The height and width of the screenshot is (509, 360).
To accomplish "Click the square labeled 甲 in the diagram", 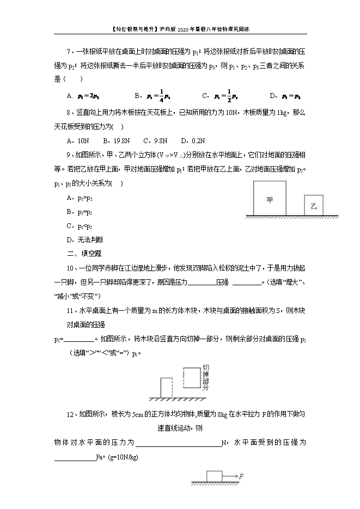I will tap(270, 200).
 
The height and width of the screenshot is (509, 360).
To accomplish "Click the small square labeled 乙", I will tap(313, 206).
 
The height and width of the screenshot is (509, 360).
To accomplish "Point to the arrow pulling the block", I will tap(229, 476).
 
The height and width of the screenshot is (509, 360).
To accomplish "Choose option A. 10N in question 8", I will tap(76, 140).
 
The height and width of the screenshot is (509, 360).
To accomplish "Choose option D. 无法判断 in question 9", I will tap(84, 239).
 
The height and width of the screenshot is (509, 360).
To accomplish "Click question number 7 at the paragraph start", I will tap(69, 52).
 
